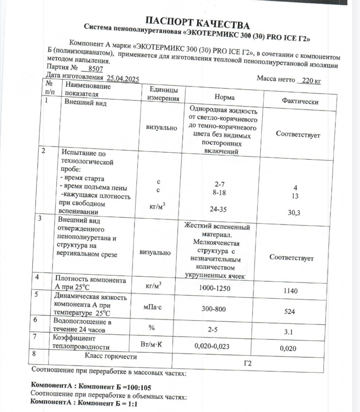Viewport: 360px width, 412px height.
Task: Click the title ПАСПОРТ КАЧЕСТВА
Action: click(198, 24)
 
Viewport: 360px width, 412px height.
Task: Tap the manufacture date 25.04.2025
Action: click(123, 79)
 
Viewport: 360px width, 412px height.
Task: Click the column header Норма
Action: click(224, 97)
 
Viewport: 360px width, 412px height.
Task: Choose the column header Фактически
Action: click(300, 101)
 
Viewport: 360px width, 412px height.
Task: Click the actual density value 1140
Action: click(291, 291)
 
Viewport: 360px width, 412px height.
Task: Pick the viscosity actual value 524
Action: click(289, 311)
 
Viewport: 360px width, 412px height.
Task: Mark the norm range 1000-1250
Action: click(214, 288)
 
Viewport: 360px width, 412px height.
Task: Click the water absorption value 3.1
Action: click(289, 332)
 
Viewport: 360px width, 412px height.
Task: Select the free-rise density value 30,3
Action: click(293, 213)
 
